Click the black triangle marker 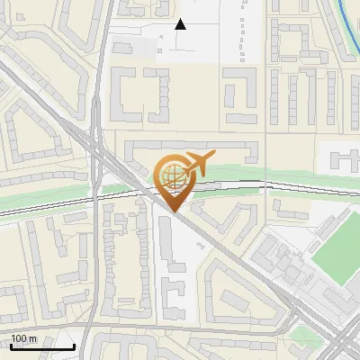pyautogui.click(x=181, y=24)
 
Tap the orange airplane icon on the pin pyautogui.click(x=196, y=164)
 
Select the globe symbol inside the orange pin pyautogui.click(x=171, y=176)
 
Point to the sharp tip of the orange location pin pyautogui.click(x=173, y=211)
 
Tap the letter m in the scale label pyautogui.click(x=34, y=338)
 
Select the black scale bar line pyautogui.click(x=41, y=347)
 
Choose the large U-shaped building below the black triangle pyautogui.click(x=140, y=94)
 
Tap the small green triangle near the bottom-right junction pyautogui.click(x=304, y=336)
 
